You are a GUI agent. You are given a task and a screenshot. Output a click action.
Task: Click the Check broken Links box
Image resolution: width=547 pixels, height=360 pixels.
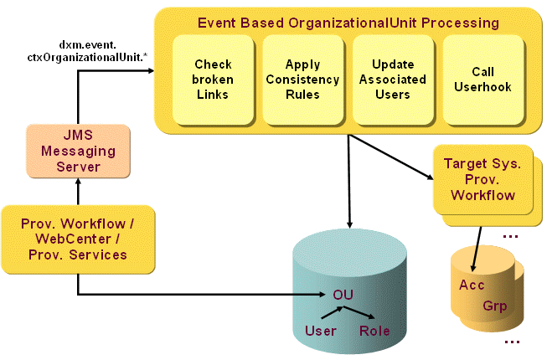pos(213,80)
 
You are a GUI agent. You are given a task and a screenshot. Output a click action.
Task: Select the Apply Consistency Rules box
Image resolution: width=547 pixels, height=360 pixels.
pos(302,80)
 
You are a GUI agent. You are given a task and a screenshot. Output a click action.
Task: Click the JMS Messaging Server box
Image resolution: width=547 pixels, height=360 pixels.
pos(78,151)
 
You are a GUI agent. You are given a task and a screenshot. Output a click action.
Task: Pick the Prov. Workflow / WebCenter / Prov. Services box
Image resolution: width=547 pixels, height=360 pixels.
pos(78,239)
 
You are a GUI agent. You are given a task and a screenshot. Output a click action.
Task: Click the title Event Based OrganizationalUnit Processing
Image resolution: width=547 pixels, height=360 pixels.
pos(348,22)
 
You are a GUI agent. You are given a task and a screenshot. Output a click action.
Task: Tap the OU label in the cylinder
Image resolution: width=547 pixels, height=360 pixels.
pos(343,295)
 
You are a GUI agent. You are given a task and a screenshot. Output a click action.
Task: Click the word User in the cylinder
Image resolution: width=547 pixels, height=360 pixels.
pos(320,331)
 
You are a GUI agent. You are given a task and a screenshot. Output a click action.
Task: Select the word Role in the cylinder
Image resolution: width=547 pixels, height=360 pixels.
pos(374,331)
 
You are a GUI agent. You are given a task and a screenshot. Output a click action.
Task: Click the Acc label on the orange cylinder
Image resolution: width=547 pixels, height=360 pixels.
pos(472,285)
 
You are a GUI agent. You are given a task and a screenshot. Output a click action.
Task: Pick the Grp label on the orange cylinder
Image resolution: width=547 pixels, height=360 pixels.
pos(495,306)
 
